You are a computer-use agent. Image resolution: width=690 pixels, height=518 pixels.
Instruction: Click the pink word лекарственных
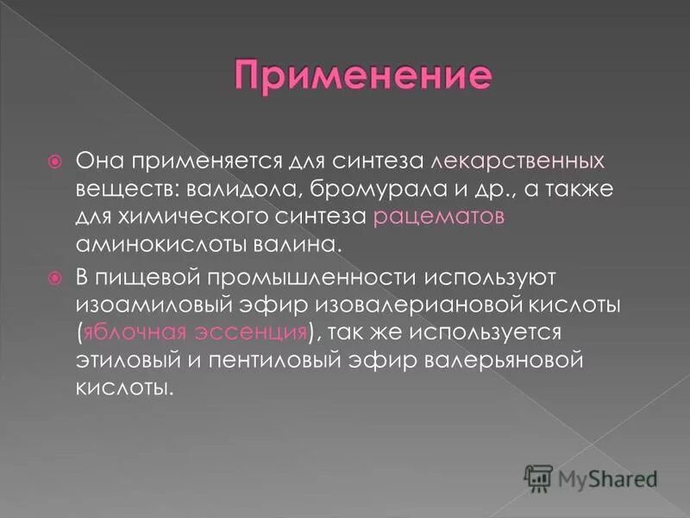click(x=505, y=161)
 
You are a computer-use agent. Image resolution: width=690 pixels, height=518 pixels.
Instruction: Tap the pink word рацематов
click(x=439, y=217)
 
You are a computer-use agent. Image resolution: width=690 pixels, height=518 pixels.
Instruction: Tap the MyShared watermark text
click(x=607, y=477)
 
